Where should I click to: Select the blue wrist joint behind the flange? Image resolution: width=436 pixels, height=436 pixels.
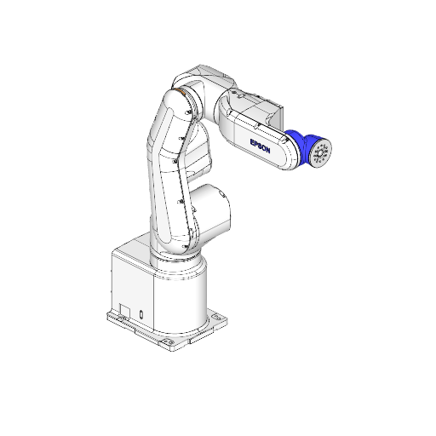coord(299,144)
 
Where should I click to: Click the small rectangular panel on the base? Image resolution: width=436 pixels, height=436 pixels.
coord(125,310)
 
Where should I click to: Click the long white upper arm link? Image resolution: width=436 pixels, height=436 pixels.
coord(170,170)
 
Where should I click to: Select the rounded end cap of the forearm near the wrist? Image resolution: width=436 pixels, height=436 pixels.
coord(286,153)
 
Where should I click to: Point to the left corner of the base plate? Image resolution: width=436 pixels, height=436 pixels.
coord(109,317)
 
